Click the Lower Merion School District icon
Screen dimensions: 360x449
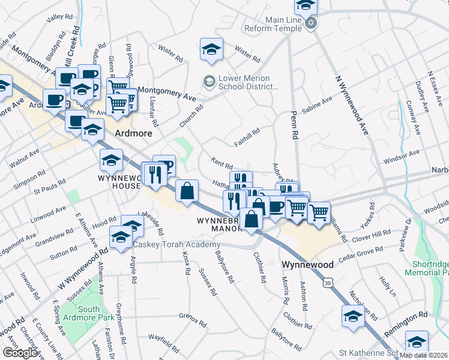[209, 80]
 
